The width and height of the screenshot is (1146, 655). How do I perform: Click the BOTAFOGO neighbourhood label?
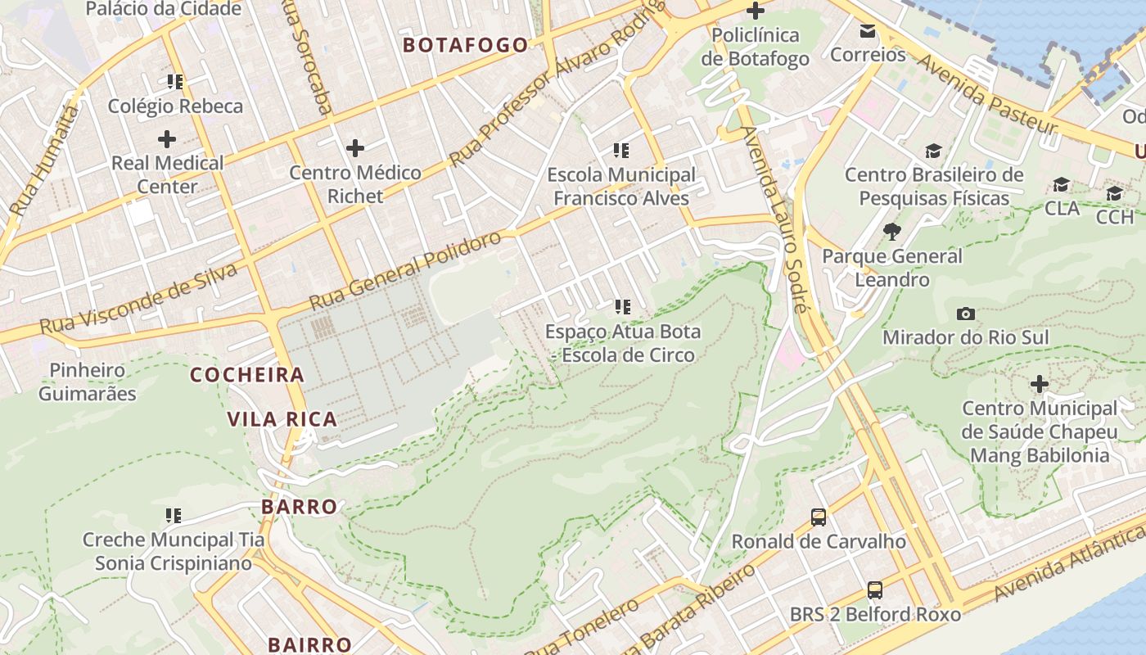point(466,45)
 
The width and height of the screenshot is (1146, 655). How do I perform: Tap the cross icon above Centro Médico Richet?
point(355,148)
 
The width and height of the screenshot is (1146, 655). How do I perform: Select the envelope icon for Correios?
point(868,31)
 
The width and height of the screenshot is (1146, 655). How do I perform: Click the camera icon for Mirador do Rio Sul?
point(966,314)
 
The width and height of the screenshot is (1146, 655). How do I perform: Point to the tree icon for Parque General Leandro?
point(892,232)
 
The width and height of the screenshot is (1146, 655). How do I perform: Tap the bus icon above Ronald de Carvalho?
point(819,517)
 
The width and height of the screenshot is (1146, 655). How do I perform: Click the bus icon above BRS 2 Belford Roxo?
point(875,590)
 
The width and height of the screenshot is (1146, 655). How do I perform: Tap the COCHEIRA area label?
point(247,375)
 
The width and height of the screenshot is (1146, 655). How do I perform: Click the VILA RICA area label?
point(282,419)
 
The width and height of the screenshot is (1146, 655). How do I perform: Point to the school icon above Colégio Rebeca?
point(174,82)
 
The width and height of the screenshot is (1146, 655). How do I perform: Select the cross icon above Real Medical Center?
point(167,138)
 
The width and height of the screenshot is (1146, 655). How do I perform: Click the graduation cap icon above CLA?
point(1062,184)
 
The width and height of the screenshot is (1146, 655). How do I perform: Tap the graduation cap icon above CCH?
point(1114,193)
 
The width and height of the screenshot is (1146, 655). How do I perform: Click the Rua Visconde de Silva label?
point(138,300)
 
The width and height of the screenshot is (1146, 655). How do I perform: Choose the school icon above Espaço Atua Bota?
point(623,307)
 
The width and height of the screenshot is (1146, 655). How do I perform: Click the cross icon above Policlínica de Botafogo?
point(756,11)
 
